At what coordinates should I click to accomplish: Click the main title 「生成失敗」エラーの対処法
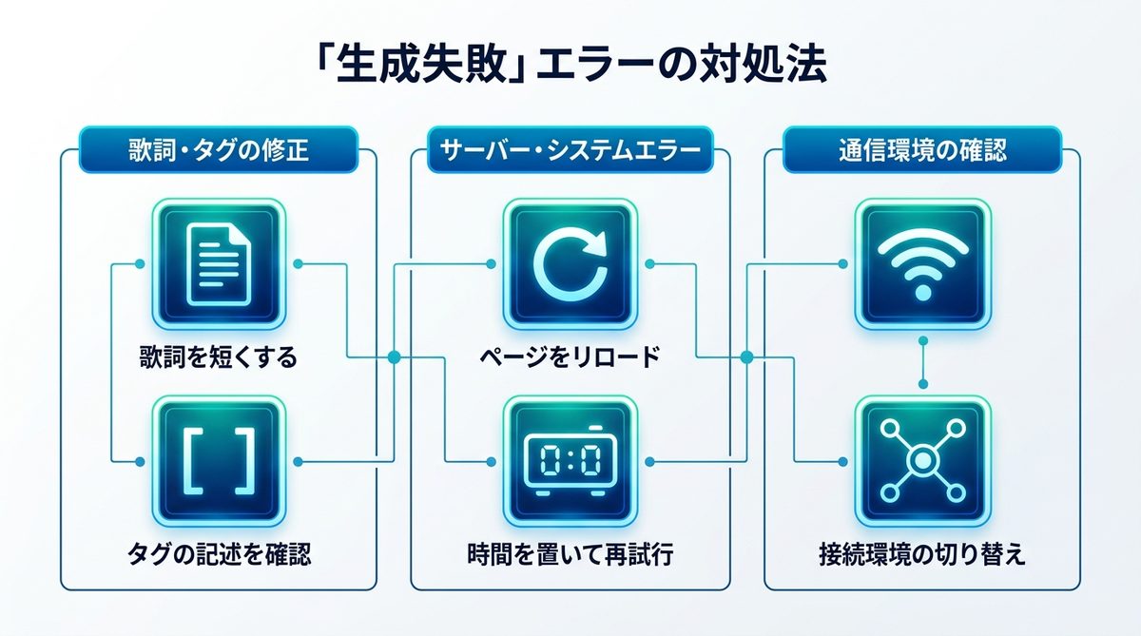pos(570,66)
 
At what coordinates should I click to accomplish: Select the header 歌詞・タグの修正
pos(219,150)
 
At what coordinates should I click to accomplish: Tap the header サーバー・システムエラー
pos(570,150)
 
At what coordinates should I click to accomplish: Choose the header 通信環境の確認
pos(922,150)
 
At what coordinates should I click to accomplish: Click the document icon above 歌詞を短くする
pos(219,264)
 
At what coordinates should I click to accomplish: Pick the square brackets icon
pos(219,461)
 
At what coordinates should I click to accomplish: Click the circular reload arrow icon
pos(570,264)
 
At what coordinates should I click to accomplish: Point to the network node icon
pos(922,461)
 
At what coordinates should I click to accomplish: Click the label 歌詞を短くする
pos(219,357)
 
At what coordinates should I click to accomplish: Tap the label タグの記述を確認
pos(219,554)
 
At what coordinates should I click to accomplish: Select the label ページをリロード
pos(570,357)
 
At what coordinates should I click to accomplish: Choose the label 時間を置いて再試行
pos(570,554)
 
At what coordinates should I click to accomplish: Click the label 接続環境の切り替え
pos(922,554)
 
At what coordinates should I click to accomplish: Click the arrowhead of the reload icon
pos(595,242)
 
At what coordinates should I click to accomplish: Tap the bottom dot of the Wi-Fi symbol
pos(922,292)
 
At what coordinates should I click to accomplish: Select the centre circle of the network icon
pos(922,461)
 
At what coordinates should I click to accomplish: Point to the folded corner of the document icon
pos(240,236)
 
